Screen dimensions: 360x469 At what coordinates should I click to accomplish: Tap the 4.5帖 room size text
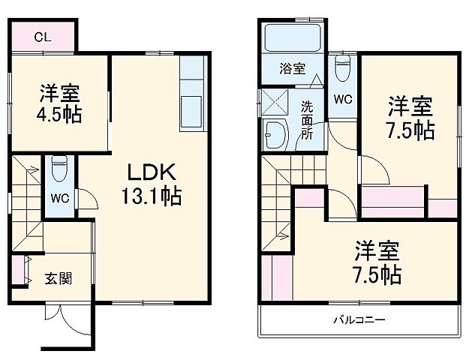pos(61,115)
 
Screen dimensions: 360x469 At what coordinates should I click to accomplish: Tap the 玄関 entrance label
pos(58,279)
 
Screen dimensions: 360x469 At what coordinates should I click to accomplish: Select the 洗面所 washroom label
pos(307,118)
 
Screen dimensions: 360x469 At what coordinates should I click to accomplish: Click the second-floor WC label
pos(342,99)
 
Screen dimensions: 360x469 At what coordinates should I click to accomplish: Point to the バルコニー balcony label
pos(359,320)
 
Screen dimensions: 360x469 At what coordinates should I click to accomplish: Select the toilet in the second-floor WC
pos(341,68)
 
